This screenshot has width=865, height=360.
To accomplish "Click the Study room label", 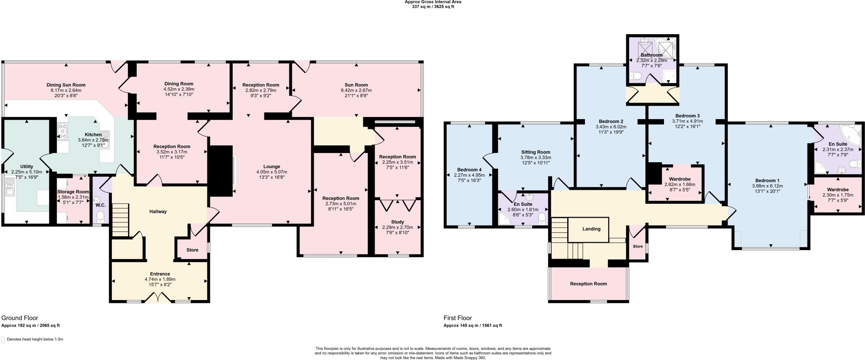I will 397,222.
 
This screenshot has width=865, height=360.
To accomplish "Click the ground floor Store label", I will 192,250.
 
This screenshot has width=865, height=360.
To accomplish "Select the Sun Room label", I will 357,85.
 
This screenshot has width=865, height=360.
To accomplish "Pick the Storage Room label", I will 73,192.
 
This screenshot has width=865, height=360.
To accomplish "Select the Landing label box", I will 591,229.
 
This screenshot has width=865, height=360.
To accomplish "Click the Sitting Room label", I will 535,152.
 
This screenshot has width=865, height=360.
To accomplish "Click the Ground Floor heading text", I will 20,318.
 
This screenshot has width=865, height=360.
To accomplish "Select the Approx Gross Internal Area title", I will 433,2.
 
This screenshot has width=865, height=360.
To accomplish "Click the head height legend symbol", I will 3,340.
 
